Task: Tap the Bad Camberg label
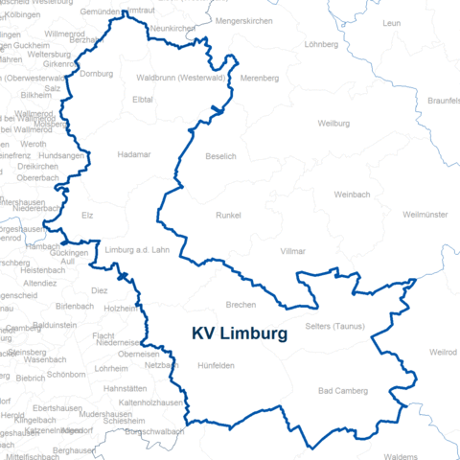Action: click(342, 391)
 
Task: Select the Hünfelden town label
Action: click(216, 365)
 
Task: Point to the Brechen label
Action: click(241, 304)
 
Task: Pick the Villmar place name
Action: click(292, 250)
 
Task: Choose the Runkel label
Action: click(229, 216)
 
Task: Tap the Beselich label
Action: click(220, 155)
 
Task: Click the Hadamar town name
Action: click(133, 154)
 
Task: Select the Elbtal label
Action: click(143, 99)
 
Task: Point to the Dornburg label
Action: click(97, 74)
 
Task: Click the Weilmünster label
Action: click(426, 214)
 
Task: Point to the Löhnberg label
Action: click(321, 44)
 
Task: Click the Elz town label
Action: click(88, 216)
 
